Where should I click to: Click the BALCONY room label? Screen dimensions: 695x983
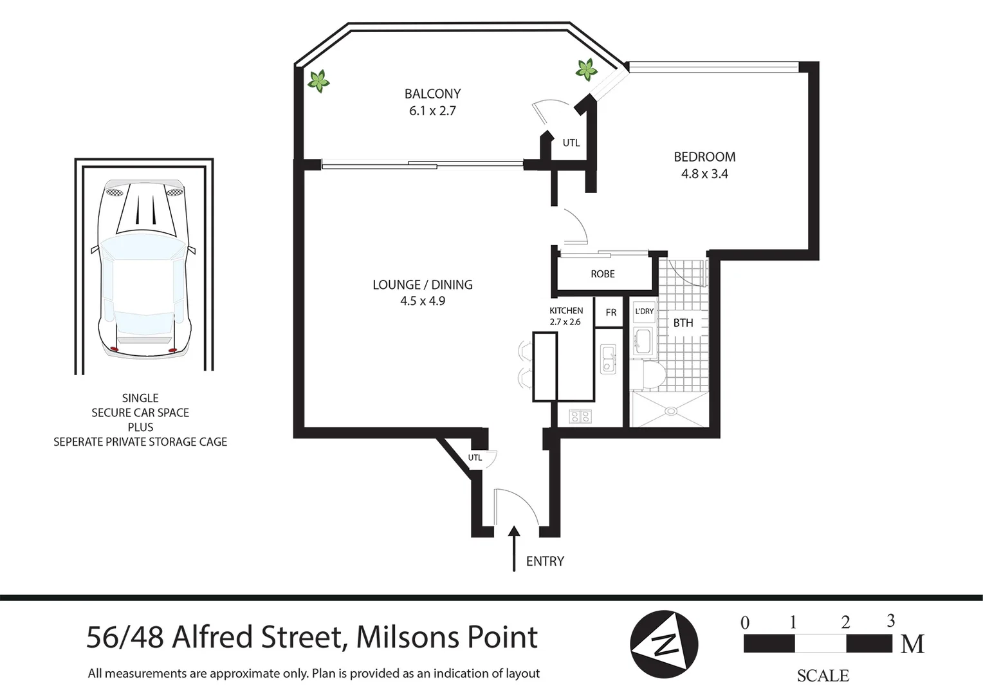click(x=432, y=94)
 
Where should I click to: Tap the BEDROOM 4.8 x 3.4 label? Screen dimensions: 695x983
click(x=704, y=165)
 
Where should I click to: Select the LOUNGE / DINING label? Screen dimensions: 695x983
click(x=423, y=284)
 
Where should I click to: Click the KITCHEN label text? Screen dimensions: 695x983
click(x=566, y=311)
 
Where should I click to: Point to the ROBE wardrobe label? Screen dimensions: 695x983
click(x=603, y=274)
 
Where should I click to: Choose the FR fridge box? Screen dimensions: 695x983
click(x=611, y=313)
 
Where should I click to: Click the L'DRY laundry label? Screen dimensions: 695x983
click(x=644, y=311)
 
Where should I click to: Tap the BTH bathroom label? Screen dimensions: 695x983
click(x=683, y=323)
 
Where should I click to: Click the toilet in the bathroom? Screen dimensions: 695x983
click(x=644, y=376)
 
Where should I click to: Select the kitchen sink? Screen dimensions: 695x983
click(x=608, y=359)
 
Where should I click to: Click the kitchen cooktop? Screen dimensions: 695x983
click(x=580, y=417)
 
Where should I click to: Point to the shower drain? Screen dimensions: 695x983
click(x=671, y=410)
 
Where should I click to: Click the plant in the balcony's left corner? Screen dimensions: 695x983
click(x=318, y=81)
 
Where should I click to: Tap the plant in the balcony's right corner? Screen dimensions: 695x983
click(x=586, y=69)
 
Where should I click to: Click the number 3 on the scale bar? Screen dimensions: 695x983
click(x=891, y=621)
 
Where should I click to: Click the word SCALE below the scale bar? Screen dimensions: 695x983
click(x=823, y=676)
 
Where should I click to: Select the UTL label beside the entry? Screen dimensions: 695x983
click(x=475, y=458)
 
